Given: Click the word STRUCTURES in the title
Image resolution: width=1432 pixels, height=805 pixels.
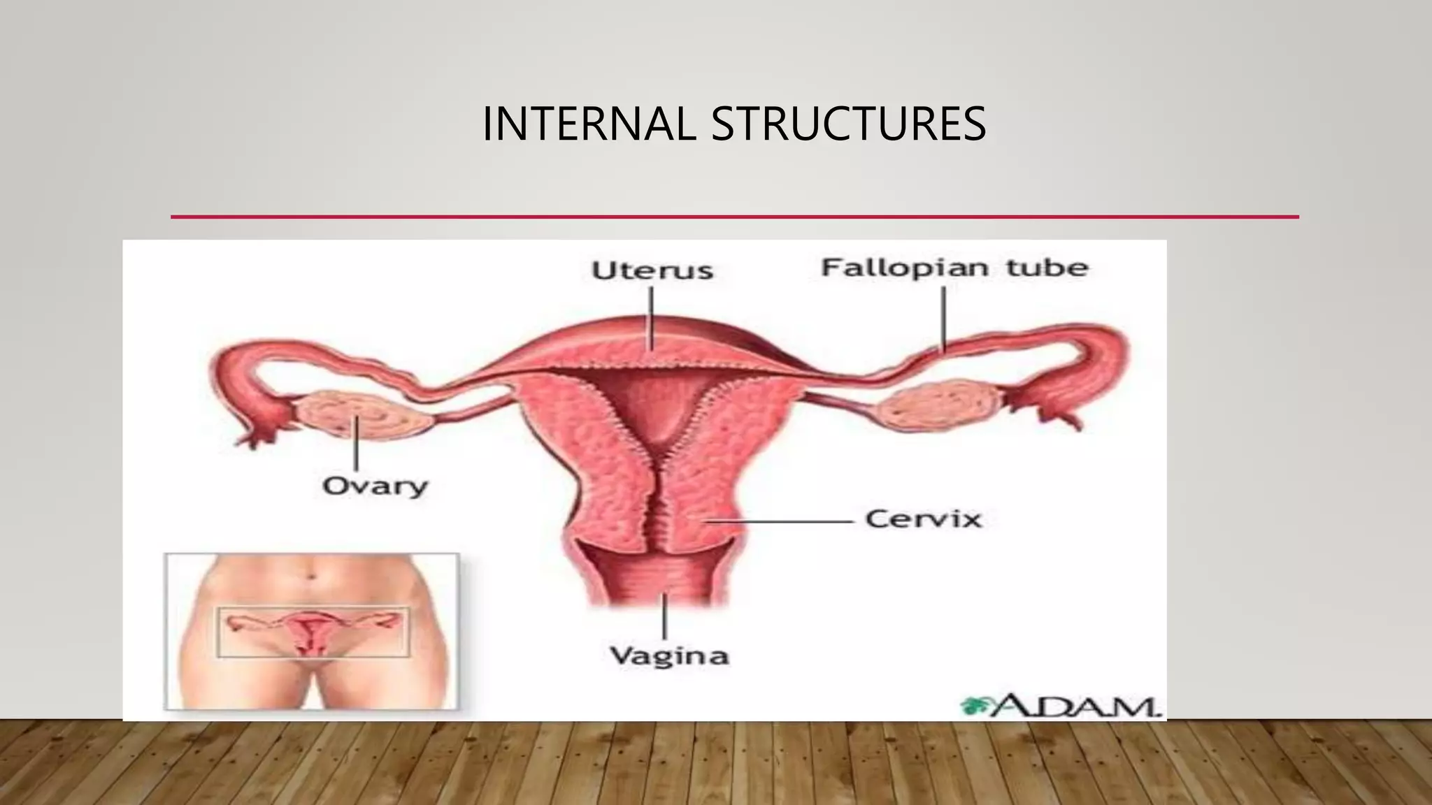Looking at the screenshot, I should coord(848,124).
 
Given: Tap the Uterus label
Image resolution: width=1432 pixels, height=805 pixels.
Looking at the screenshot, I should coord(652,270).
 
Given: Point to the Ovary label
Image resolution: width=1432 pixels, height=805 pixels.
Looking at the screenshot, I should coord(375,486).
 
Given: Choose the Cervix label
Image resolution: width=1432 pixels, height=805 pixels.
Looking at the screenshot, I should coord(923,519).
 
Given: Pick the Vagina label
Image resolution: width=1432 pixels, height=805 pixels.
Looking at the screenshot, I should coord(669,655).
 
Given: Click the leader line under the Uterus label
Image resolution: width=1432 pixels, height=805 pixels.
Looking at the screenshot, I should coord(651,318).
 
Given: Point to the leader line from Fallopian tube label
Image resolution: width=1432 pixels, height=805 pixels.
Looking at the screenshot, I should coord(944,318).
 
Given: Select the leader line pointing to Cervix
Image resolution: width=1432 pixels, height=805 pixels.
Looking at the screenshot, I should coord(783,521).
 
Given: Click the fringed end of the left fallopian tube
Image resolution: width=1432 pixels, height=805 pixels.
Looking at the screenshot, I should coord(259,426).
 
